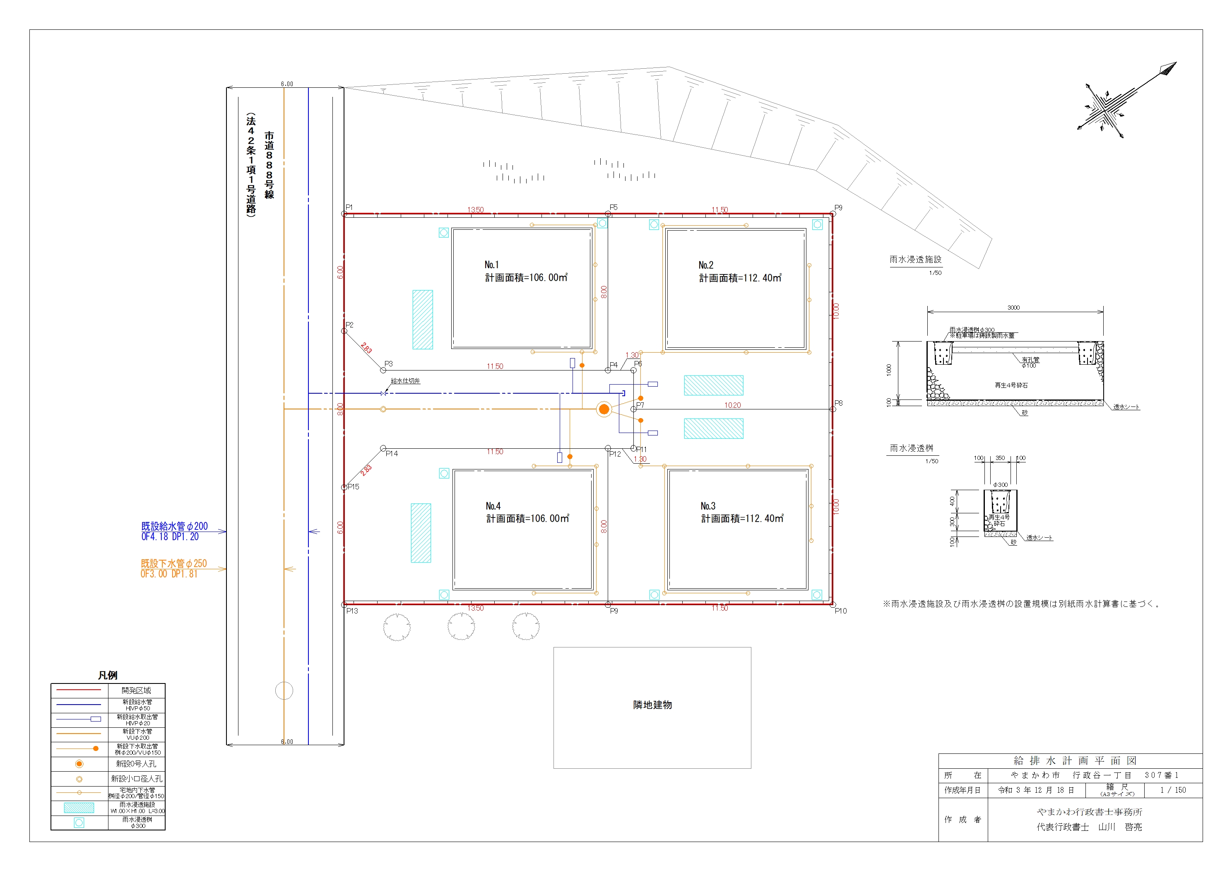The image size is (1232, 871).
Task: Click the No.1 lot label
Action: click(x=491, y=265)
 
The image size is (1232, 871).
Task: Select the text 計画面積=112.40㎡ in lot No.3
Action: click(x=742, y=518)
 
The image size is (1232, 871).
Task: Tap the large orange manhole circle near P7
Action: click(x=604, y=409)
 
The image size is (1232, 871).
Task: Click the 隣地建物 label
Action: click(x=652, y=705)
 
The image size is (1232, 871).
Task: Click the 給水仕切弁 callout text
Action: click(x=405, y=381)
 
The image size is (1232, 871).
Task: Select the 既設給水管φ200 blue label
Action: click(x=174, y=527)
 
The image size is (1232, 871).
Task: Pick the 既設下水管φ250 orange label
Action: click(x=173, y=563)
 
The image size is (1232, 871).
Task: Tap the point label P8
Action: click(x=838, y=403)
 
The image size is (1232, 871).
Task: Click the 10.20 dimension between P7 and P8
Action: click(x=732, y=405)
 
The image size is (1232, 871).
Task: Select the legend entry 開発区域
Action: click(x=136, y=691)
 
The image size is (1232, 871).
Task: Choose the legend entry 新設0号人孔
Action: click(x=136, y=764)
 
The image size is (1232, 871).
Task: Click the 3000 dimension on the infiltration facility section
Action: click(x=1013, y=308)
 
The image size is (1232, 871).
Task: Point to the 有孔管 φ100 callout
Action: click(x=1030, y=363)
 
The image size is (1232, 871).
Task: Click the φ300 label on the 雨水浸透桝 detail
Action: click(x=1000, y=485)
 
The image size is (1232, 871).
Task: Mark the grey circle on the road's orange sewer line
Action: click(x=284, y=691)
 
